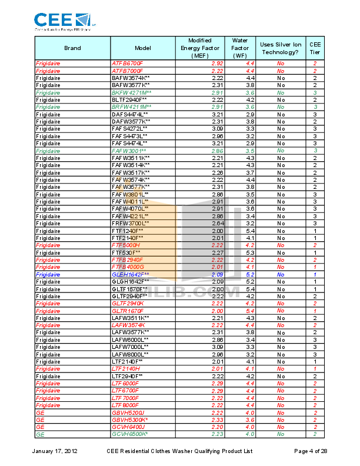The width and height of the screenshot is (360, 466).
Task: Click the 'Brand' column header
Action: (72, 48)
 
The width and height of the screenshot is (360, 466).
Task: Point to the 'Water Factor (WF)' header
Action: (239, 48)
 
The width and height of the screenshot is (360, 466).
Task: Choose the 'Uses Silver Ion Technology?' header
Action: (281, 48)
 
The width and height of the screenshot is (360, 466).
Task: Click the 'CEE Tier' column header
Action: (315, 48)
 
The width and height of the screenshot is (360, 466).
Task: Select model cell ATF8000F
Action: (128, 71)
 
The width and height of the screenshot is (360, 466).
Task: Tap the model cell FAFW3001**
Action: (129, 151)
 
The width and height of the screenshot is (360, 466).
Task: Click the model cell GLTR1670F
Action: (128, 311)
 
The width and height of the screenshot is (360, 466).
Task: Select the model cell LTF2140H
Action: (126, 369)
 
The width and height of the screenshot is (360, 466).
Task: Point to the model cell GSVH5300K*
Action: (130, 420)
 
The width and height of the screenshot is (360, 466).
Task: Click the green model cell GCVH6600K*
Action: (130, 434)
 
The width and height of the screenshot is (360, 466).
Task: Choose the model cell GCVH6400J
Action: (128, 427)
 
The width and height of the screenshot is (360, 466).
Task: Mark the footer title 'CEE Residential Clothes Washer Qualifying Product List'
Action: (179, 451)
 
